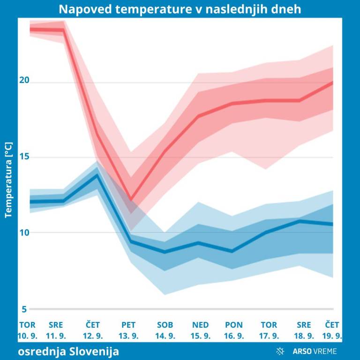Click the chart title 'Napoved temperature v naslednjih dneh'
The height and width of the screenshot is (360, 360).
(180, 9)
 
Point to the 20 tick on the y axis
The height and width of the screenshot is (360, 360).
(24, 80)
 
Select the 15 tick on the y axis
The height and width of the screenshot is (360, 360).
(24, 157)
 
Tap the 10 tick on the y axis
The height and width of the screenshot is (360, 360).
(24, 232)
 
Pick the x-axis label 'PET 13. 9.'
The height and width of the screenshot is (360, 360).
(128, 330)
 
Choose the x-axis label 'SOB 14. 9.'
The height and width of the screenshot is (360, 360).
(165, 330)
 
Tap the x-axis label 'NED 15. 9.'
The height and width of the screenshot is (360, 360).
(201, 330)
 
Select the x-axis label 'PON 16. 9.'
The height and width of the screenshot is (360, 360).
(234, 330)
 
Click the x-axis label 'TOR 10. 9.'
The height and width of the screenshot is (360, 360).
(27, 330)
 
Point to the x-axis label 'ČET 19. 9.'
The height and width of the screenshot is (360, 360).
(332, 330)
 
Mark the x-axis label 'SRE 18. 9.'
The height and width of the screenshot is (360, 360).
(304, 330)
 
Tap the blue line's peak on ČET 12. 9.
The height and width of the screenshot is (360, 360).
(97, 175)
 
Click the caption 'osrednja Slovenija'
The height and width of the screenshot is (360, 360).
(68, 351)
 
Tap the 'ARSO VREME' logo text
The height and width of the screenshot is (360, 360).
(315, 351)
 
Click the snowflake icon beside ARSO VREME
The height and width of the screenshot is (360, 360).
(281, 351)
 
